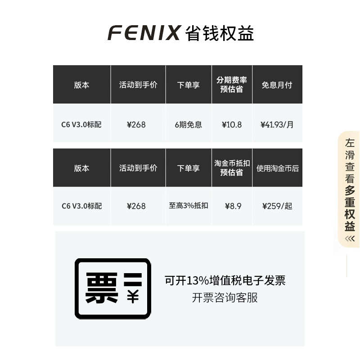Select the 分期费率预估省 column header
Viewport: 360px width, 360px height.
pyautogui.click(x=232, y=84)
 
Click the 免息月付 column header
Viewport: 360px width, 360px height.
pyautogui.click(x=277, y=85)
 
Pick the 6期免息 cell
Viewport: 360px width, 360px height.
pyautogui.click(x=189, y=125)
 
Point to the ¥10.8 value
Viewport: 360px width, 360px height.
pyautogui.click(x=232, y=125)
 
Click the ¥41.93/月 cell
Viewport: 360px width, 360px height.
pyautogui.click(x=277, y=125)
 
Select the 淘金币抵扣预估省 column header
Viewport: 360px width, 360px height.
pyautogui.click(x=232, y=168)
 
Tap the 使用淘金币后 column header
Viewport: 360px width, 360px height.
pyautogui.click(x=277, y=168)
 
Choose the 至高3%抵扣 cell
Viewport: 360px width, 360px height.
pyautogui.click(x=189, y=206)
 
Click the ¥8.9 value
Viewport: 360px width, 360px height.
pyautogui.click(x=233, y=206)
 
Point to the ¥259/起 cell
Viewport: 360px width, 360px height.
pyautogui.click(x=277, y=206)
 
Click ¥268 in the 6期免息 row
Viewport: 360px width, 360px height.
pyautogui.click(x=136, y=125)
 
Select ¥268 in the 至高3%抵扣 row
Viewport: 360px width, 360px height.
pyautogui.click(x=136, y=206)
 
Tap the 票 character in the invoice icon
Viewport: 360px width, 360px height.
pyautogui.click(x=102, y=288)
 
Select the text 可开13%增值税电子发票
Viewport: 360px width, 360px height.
pyautogui.click(x=225, y=281)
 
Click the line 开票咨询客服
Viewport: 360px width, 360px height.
pyautogui.click(x=225, y=297)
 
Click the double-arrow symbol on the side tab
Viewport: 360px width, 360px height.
pyautogui.click(x=350, y=238)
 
